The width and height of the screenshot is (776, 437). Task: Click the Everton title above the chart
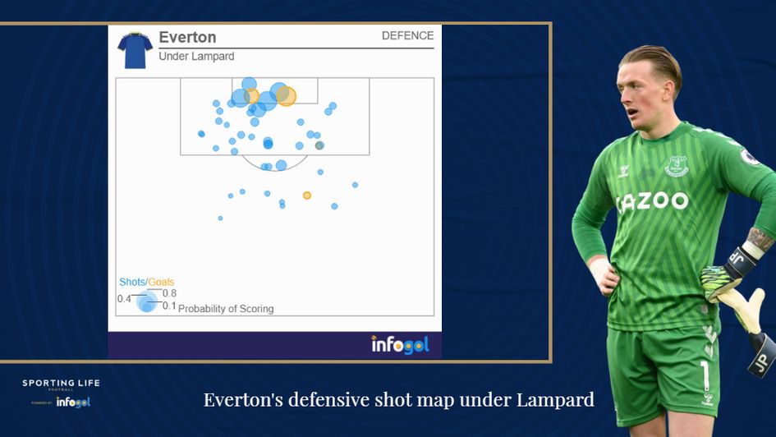pos(187,38)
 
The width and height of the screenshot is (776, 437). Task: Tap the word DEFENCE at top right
pos(407,36)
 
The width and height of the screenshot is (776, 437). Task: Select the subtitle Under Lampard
pos(196,57)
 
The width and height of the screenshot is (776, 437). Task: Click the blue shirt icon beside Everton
pos(134,50)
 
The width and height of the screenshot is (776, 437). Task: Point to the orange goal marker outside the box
pos(307,195)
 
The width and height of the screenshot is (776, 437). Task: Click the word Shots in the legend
pos(132,282)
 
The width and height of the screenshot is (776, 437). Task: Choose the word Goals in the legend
pos(161,282)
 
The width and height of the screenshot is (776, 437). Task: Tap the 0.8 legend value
pos(169,293)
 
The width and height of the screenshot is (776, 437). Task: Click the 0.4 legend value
pos(124,299)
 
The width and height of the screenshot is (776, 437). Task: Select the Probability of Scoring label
pos(226,309)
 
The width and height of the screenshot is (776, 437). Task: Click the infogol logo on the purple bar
pos(399,344)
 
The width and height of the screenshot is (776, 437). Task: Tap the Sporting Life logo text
pos(61,384)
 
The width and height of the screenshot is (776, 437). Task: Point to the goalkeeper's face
pos(649,97)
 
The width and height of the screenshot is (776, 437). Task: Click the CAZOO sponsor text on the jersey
pos(652,201)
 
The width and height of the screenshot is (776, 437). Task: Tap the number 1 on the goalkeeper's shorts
pos(705,375)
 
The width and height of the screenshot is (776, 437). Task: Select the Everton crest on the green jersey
pos(676,167)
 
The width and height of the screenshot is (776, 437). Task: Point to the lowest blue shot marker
pos(220,218)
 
